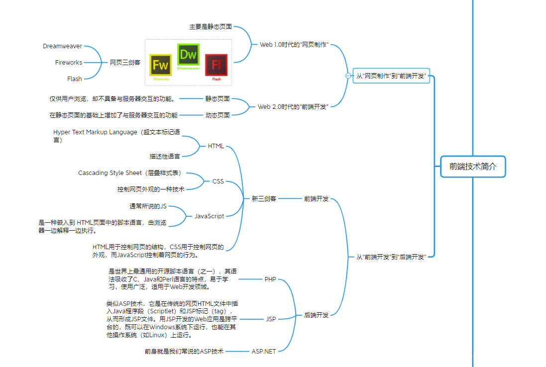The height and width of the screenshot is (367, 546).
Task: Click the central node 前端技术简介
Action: [472, 167]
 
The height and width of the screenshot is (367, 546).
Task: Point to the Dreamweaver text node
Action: [62, 46]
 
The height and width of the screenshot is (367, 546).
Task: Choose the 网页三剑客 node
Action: [125, 62]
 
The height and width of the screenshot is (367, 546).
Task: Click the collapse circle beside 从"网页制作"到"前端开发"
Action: [348, 76]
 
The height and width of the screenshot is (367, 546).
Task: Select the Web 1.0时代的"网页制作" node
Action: [294, 44]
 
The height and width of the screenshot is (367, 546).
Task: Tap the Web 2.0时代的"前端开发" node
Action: [293, 106]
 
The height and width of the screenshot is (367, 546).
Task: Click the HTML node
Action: [216, 146]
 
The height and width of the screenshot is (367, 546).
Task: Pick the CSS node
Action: [218, 181]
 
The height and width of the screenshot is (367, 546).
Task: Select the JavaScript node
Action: [209, 216]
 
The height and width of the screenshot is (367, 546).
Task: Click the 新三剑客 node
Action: [264, 198]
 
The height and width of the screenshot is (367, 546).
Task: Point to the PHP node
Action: [270, 279]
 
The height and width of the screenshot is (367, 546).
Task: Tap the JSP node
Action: [271, 319]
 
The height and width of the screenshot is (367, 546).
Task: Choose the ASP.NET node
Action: [264, 351]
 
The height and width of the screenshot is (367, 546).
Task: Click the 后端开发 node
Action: [317, 315]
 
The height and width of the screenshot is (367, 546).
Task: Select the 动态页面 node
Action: [218, 115]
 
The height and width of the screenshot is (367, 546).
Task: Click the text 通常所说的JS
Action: [148, 206]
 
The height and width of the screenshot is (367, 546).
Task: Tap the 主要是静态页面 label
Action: [211, 26]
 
